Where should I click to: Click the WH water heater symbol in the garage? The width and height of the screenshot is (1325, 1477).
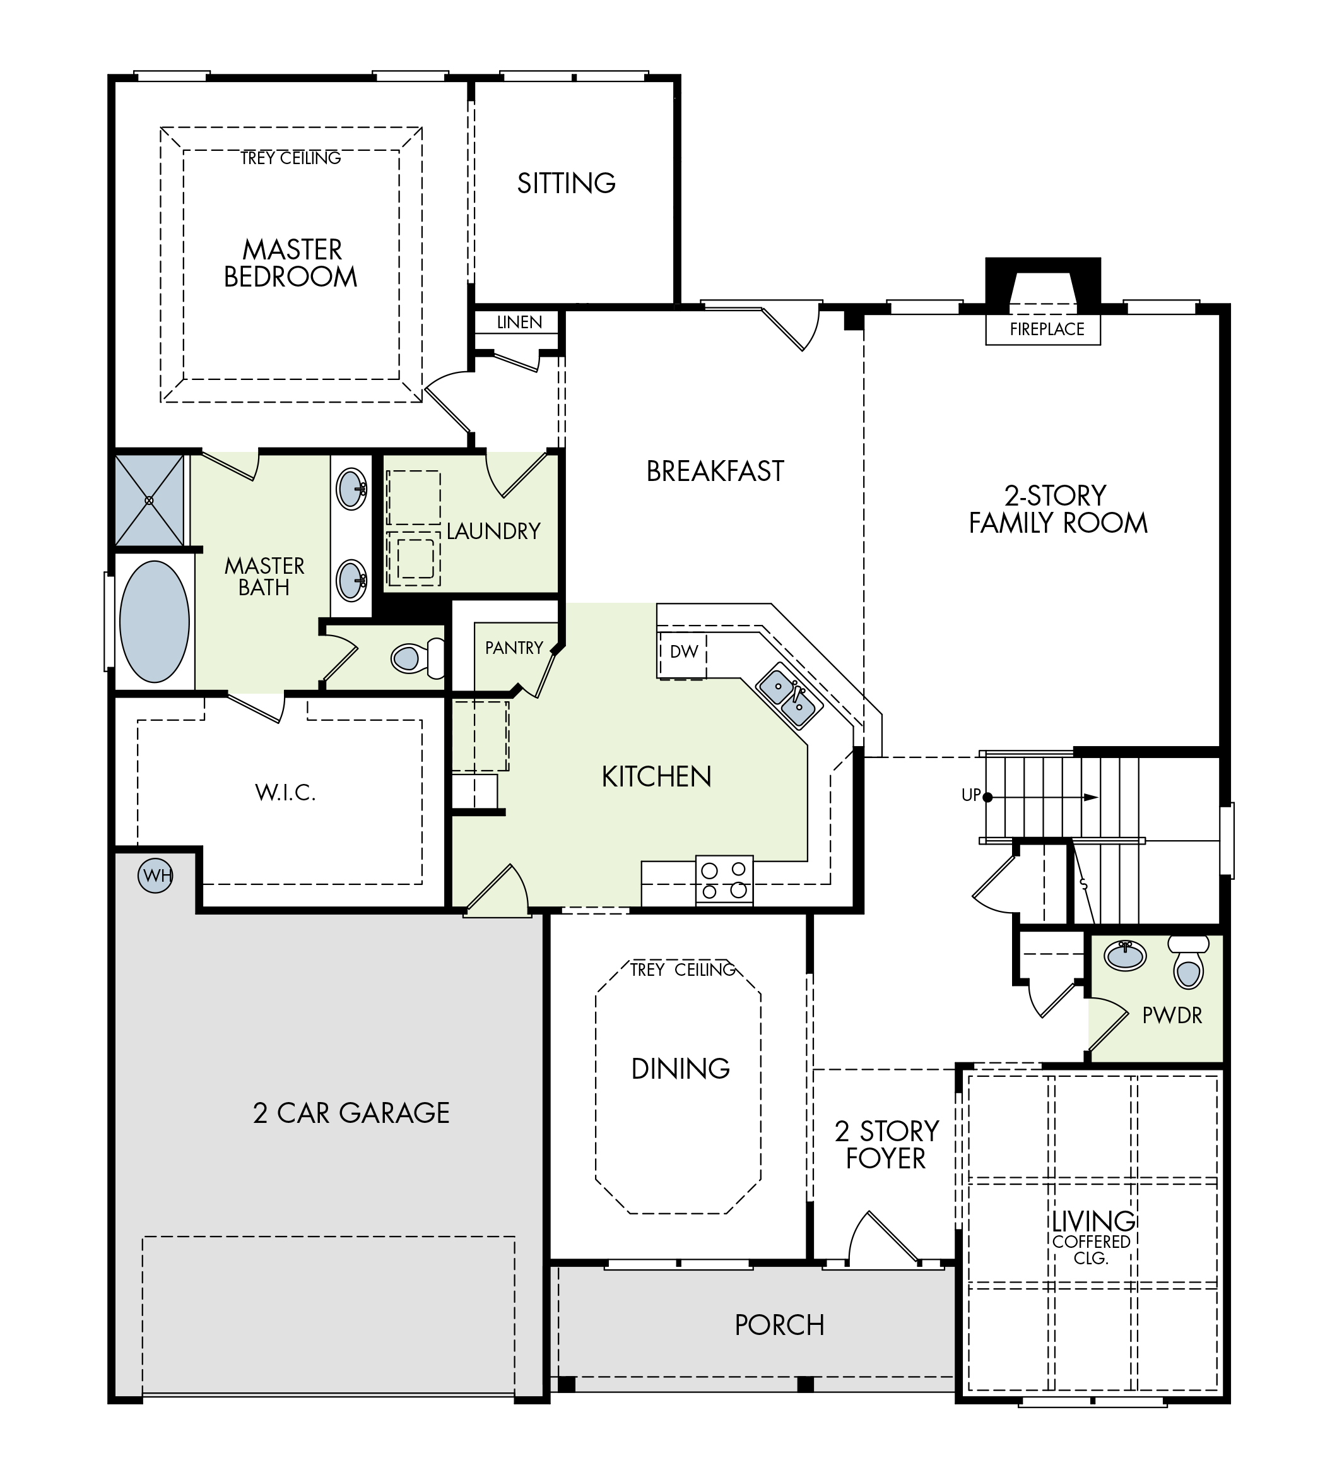coord(156,875)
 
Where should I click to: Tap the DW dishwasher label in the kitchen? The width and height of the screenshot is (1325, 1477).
coord(683,651)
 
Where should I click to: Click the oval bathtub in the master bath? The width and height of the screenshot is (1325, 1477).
coord(155,621)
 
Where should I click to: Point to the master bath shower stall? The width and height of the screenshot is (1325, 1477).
coord(150,501)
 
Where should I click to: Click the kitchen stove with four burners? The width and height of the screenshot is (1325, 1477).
coord(724,880)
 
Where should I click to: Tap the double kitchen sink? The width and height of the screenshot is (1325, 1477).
coord(789,696)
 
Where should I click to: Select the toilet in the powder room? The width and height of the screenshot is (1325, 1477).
coord(1188,962)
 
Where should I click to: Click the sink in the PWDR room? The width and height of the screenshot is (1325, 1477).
coord(1126,956)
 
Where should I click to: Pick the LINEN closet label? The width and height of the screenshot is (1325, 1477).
coord(519,322)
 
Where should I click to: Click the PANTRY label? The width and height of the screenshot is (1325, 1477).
coord(514,648)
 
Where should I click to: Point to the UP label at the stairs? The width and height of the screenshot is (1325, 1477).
coord(971,795)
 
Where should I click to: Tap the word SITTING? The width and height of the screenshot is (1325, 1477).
coord(567,183)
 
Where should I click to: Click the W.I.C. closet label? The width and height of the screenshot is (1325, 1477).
coord(285,792)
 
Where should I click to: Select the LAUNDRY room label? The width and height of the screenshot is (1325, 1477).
coord(493,531)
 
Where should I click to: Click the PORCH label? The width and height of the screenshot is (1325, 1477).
coord(780,1326)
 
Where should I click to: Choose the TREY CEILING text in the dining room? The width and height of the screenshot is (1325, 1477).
coord(683,970)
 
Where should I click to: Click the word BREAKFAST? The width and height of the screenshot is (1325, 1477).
coord(715,472)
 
